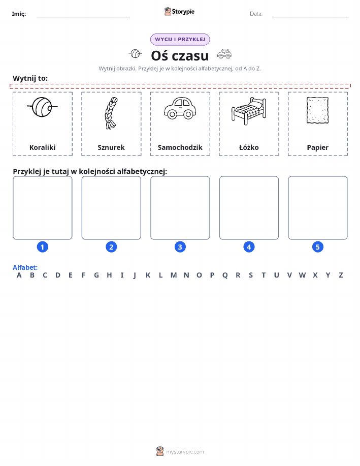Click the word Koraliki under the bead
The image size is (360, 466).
43,147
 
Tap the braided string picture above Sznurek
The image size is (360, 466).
111,113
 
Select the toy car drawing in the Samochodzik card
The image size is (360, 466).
180,108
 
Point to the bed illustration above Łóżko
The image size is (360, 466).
249,111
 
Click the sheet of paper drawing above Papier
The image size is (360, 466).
317,110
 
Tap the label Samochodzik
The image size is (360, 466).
180,147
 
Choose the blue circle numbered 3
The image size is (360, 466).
180,247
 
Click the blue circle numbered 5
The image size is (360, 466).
317,247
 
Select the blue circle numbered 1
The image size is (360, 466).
43,247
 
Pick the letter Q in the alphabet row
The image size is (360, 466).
225,275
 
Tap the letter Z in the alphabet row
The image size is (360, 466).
341,275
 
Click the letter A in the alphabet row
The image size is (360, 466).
19,275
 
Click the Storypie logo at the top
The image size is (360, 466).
179,12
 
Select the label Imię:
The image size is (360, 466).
19,14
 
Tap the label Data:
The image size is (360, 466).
256,14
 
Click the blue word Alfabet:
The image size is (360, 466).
25,267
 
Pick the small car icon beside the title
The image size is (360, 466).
224,54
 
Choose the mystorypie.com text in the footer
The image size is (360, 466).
185,452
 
